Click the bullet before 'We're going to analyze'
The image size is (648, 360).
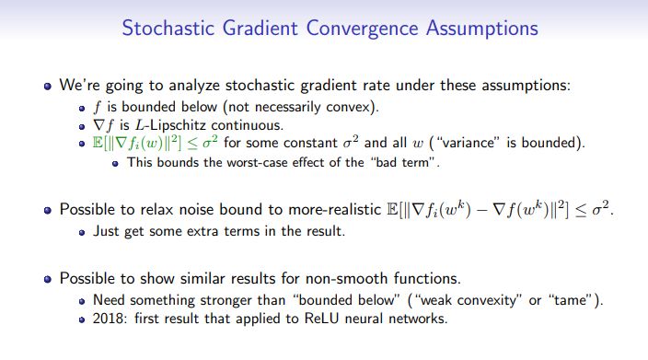47,86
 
